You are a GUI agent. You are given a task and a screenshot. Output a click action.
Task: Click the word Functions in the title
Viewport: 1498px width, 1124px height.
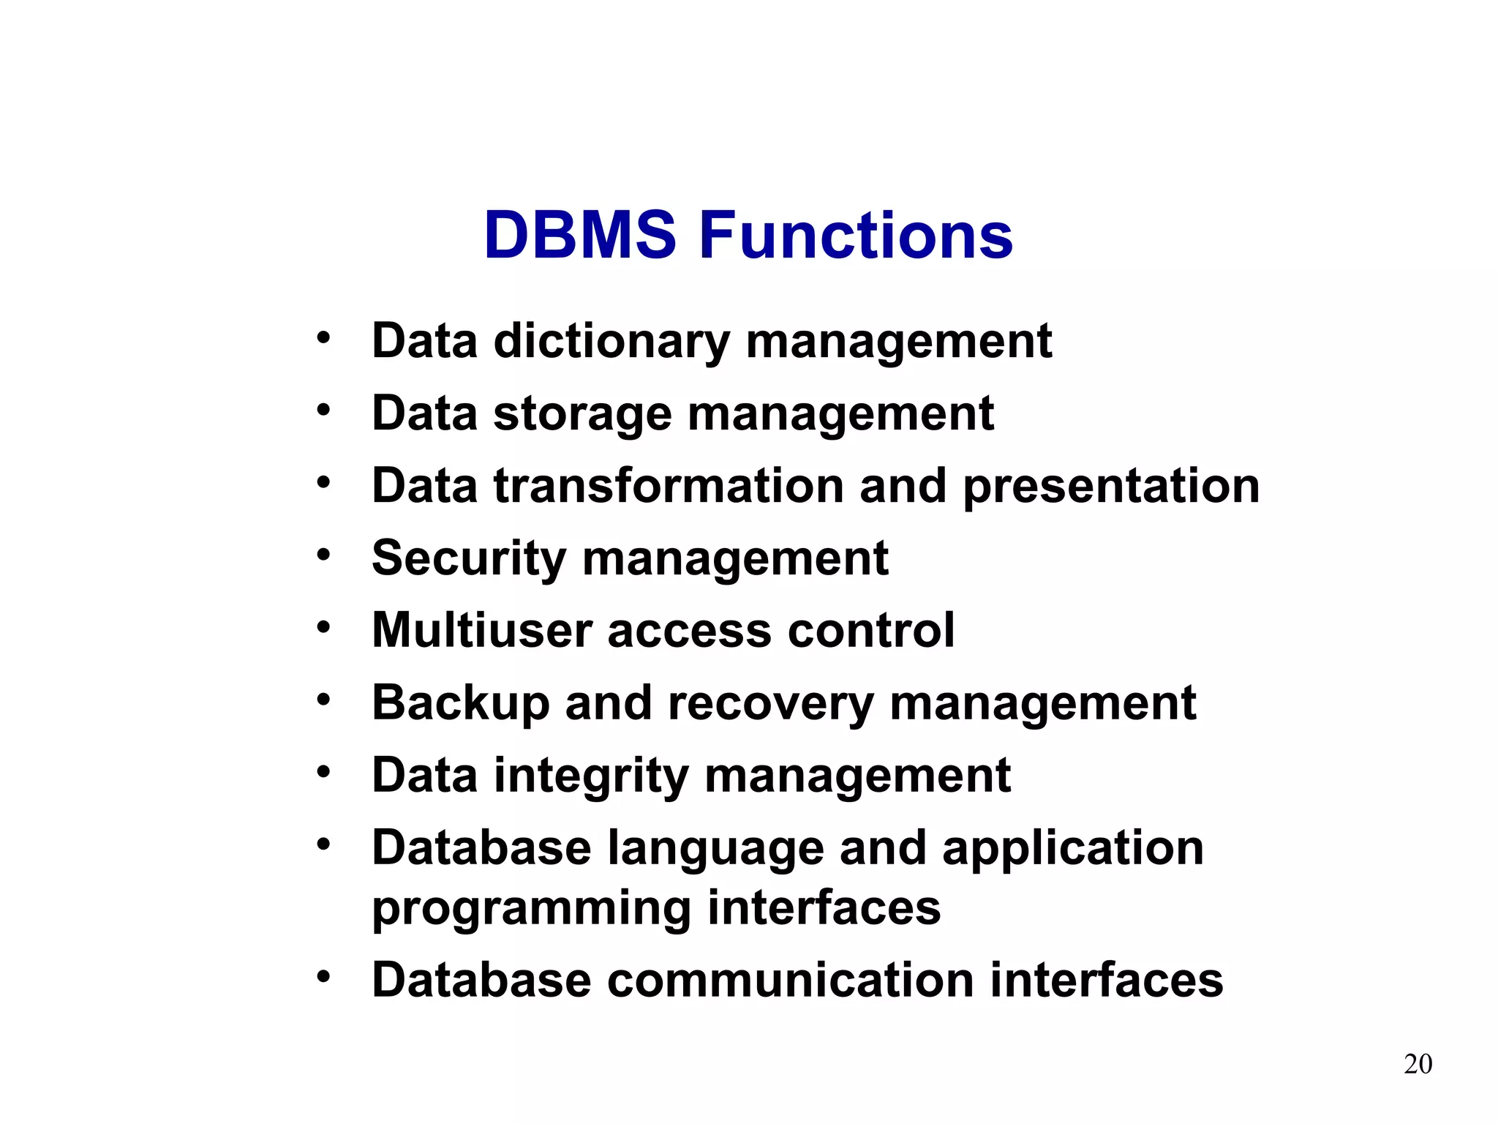[x=856, y=236]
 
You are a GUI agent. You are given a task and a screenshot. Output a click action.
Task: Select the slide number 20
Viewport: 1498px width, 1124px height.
[x=1418, y=1064]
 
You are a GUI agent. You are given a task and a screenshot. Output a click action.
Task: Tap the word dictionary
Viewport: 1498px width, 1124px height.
[x=611, y=342]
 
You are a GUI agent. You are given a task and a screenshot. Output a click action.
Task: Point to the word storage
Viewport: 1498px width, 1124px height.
[x=582, y=415]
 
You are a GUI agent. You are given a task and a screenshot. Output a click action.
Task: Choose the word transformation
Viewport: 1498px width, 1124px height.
[x=669, y=486]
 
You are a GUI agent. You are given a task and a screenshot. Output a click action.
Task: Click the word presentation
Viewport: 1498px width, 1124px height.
[x=1111, y=487]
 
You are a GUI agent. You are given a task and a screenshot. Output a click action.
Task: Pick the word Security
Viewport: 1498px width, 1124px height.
[x=469, y=559]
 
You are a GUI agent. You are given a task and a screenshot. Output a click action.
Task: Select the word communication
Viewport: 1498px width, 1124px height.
[x=790, y=980]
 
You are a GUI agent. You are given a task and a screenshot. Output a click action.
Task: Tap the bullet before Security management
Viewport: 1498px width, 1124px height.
[x=323, y=555]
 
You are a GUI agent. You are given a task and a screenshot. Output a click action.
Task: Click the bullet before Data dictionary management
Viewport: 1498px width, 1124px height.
[x=323, y=338]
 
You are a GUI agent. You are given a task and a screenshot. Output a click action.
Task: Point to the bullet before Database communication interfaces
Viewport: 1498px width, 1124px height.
[x=323, y=977]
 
